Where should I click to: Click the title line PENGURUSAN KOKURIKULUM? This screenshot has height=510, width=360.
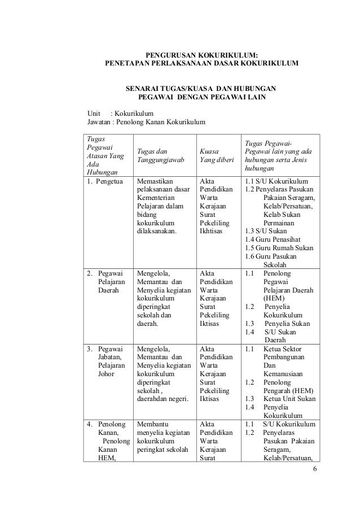[x=202, y=55]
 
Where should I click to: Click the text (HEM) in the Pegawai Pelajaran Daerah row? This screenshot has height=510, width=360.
[x=274, y=298]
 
